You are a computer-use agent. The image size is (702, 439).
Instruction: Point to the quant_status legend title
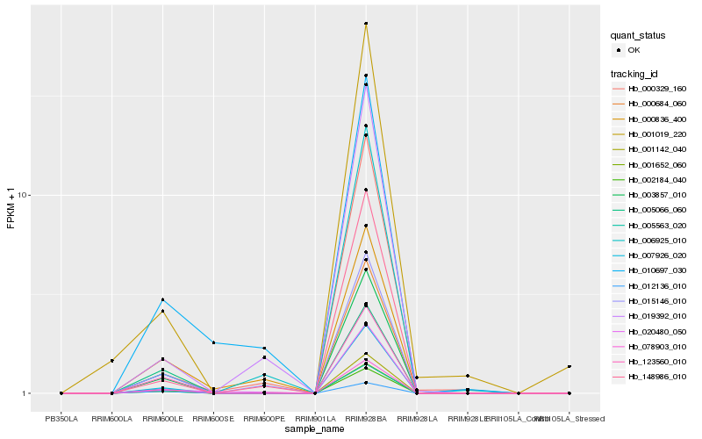click(x=638, y=35)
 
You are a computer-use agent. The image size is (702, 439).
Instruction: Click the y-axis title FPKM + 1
click(x=11, y=208)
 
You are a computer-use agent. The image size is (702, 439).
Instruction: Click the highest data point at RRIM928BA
click(x=366, y=24)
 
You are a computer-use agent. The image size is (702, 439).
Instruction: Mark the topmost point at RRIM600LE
click(x=163, y=299)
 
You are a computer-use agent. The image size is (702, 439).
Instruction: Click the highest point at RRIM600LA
click(x=112, y=361)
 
